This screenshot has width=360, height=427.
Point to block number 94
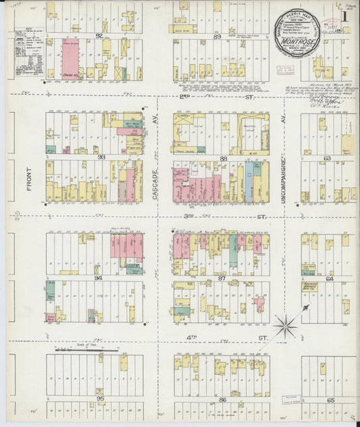tap(99, 278)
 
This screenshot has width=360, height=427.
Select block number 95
tap(100, 399)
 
